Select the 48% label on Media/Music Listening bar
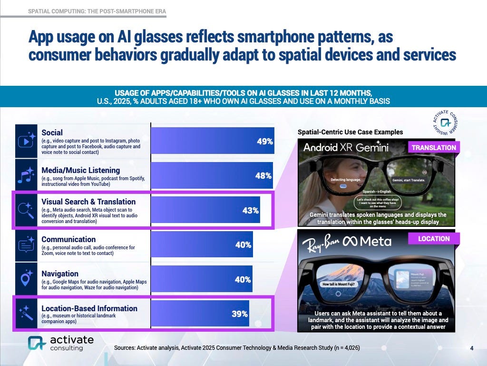263,175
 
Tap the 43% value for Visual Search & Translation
250,210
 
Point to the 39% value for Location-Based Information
239,314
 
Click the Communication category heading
68,239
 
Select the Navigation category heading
60,274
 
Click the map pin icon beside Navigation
26,280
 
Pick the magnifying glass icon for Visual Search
26,210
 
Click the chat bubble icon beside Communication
26,245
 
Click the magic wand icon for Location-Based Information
26,314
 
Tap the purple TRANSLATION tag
433,148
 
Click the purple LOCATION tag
433,239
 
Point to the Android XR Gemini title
352,147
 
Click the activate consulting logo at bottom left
60,343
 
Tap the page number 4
471,348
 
